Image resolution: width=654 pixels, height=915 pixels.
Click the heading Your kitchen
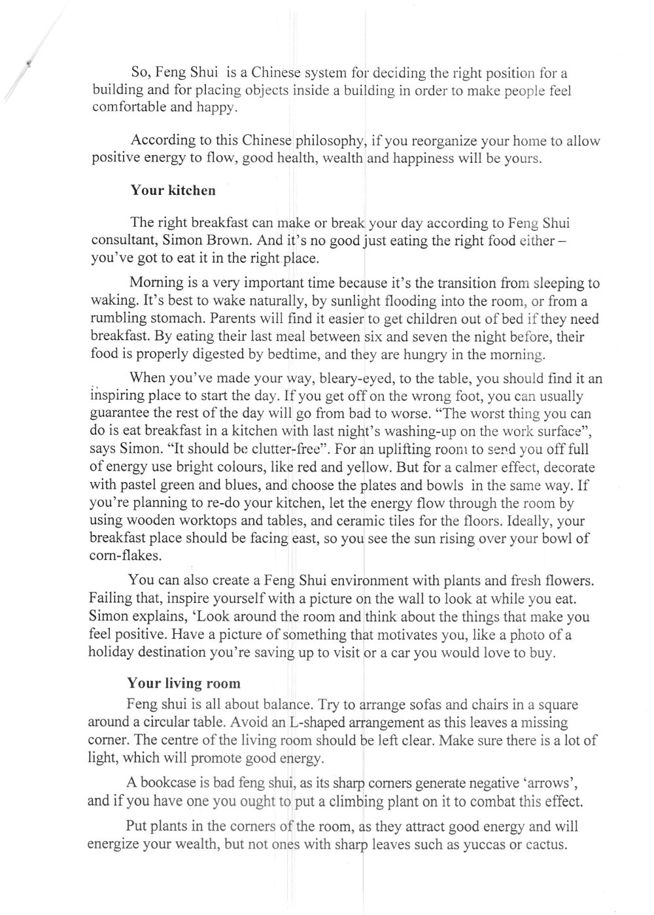(x=173, y=191)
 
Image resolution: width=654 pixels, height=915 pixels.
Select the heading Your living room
(x=184, y=683)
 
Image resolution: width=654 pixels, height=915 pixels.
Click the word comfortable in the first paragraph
(x=129, y=107)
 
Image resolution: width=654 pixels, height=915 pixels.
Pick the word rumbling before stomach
(x=120, y=320)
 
